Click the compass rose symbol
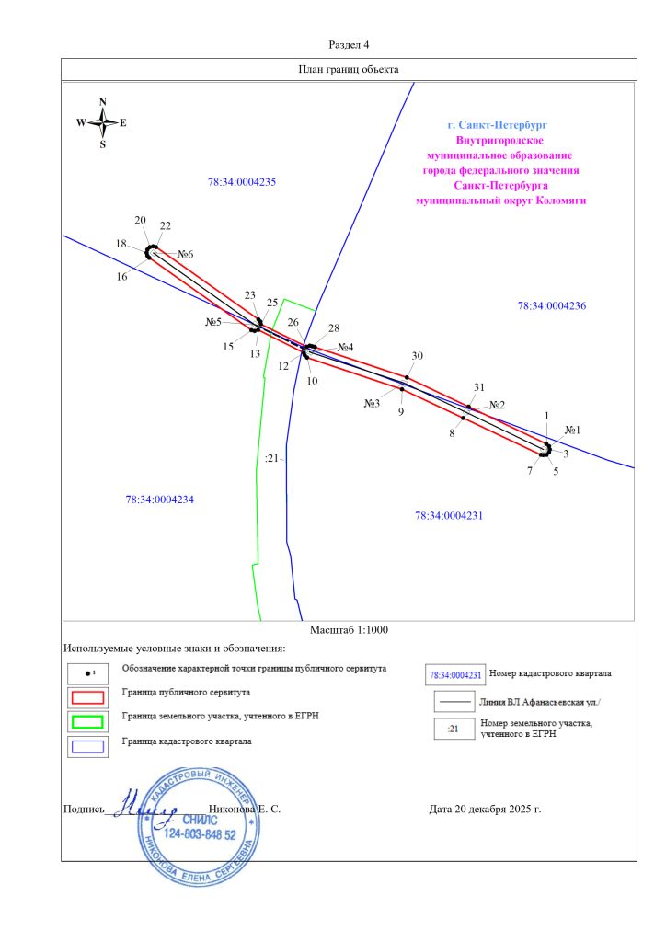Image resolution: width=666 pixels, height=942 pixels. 102,122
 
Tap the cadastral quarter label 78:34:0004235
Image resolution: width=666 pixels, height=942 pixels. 243,182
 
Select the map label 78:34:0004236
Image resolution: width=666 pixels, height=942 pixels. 552,305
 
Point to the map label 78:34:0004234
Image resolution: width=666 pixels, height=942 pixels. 160,500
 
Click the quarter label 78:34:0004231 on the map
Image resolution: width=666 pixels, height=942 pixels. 449,516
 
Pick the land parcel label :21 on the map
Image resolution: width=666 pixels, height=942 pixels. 270,458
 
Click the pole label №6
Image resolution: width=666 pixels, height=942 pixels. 186,254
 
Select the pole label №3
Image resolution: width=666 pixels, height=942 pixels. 372,403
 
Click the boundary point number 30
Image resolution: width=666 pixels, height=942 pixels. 417,356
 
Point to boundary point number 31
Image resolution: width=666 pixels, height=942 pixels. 478,387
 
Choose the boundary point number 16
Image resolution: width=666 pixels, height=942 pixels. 121,276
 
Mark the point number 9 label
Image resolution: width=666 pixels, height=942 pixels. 401,412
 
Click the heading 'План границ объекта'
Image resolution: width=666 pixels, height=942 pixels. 349,70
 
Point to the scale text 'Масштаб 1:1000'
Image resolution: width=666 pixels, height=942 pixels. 349,629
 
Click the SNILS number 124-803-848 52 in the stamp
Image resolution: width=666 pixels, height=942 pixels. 200,834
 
